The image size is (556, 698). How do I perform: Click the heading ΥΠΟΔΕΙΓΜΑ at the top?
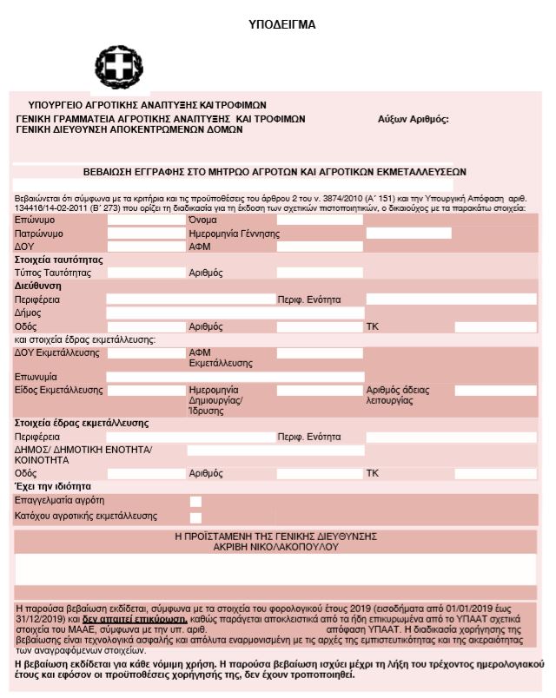click(x=282, y=24)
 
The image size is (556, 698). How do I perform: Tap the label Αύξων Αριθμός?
click(x=413, y=119)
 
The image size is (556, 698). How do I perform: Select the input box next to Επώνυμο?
click(x=146, y=221)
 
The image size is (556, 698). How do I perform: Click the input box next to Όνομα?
click(x=319, y=221)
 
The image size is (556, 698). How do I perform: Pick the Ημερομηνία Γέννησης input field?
click(x=408, y=234)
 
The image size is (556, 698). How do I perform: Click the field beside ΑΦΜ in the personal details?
click(x=319, y=247)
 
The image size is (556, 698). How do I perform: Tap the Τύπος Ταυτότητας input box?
click(x=146, y=273)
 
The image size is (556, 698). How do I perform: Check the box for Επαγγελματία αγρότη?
click(x=195, y=501)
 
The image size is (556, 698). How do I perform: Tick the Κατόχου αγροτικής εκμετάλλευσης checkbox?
click(x=195, y=517)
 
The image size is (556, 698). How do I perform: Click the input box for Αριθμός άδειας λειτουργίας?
click(x=495, y=391)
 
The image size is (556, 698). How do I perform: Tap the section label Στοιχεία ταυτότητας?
click(x=59, y=260)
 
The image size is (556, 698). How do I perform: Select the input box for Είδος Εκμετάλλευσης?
click(x=146, y=391)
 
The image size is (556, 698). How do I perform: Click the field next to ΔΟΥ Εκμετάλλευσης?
click(x=146, y=353)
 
